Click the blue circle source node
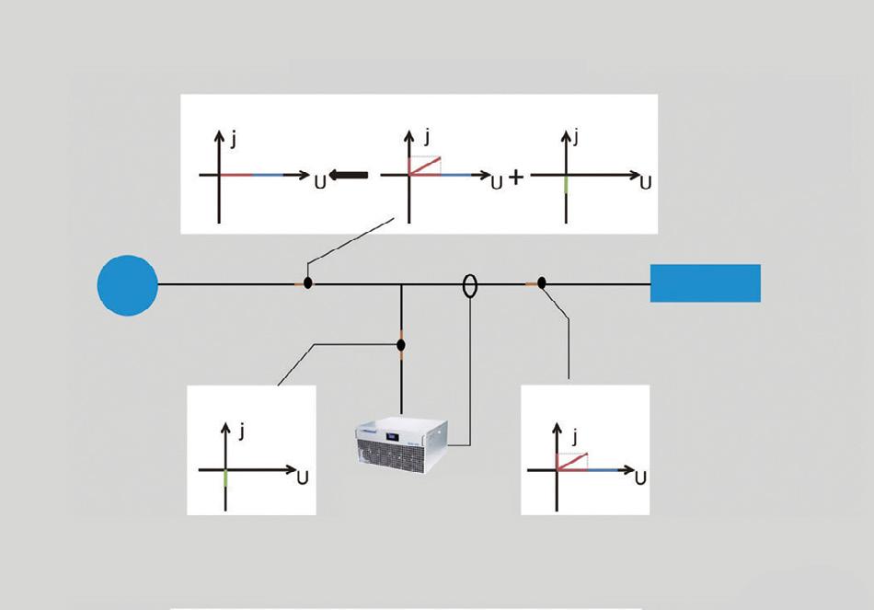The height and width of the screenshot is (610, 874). click(128, 285)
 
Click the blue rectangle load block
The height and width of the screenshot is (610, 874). click(705, 283)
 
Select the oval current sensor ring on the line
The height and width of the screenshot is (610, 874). click(470, 285)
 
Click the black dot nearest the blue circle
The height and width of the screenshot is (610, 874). click(308, 283)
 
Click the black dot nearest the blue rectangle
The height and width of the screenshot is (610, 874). click(542, 283)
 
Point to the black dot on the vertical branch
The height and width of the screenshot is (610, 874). click(401, 345)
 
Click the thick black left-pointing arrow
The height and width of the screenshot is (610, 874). click(350, 175)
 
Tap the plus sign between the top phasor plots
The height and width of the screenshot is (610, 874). click(516, 177)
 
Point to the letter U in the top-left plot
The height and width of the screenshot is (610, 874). click(319, 181)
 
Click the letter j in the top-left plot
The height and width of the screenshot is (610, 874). click(235, 139)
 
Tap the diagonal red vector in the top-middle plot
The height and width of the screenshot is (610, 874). click(425, 166)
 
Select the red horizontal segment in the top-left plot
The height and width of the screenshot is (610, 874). click(236, 175)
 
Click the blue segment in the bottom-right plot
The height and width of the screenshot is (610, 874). click(604, 470)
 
